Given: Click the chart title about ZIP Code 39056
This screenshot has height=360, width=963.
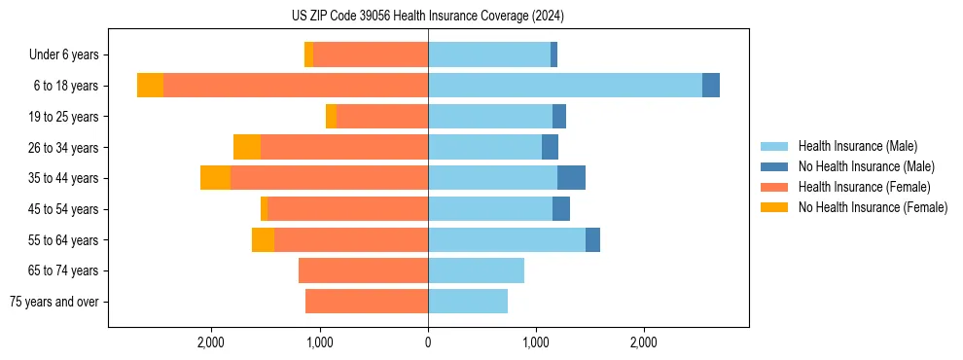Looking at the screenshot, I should coord(427,17).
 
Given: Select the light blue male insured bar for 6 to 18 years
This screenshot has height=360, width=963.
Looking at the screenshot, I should coord(564,86).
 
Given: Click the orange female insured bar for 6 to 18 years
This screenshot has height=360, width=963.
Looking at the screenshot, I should coord(296,86).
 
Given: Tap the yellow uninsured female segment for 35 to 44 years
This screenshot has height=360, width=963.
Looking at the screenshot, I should coord(215,178).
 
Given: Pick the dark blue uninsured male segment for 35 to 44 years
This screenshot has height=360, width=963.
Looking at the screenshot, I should coord(571,178).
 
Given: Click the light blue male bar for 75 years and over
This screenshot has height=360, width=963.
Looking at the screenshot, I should coord(468,302).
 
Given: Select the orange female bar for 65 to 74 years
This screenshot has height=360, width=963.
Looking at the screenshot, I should coord(363,270).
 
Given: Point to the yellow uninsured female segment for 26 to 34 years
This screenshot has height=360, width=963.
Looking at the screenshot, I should coord(247,147).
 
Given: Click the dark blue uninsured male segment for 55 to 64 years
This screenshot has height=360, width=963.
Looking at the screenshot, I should coord(592,239).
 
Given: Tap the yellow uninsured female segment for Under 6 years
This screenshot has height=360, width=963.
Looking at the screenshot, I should coord(309,54).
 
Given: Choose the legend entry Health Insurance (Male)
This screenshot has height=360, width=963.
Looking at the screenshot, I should coord(857,146).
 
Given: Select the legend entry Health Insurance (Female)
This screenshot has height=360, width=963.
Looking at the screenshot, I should coord(864,187).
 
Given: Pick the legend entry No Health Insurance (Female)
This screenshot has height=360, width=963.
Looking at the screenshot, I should coord(873,207).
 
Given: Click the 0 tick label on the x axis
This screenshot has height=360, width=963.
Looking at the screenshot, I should coord(428,342).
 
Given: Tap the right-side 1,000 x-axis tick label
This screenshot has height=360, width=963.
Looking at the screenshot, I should coord(536,342).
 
